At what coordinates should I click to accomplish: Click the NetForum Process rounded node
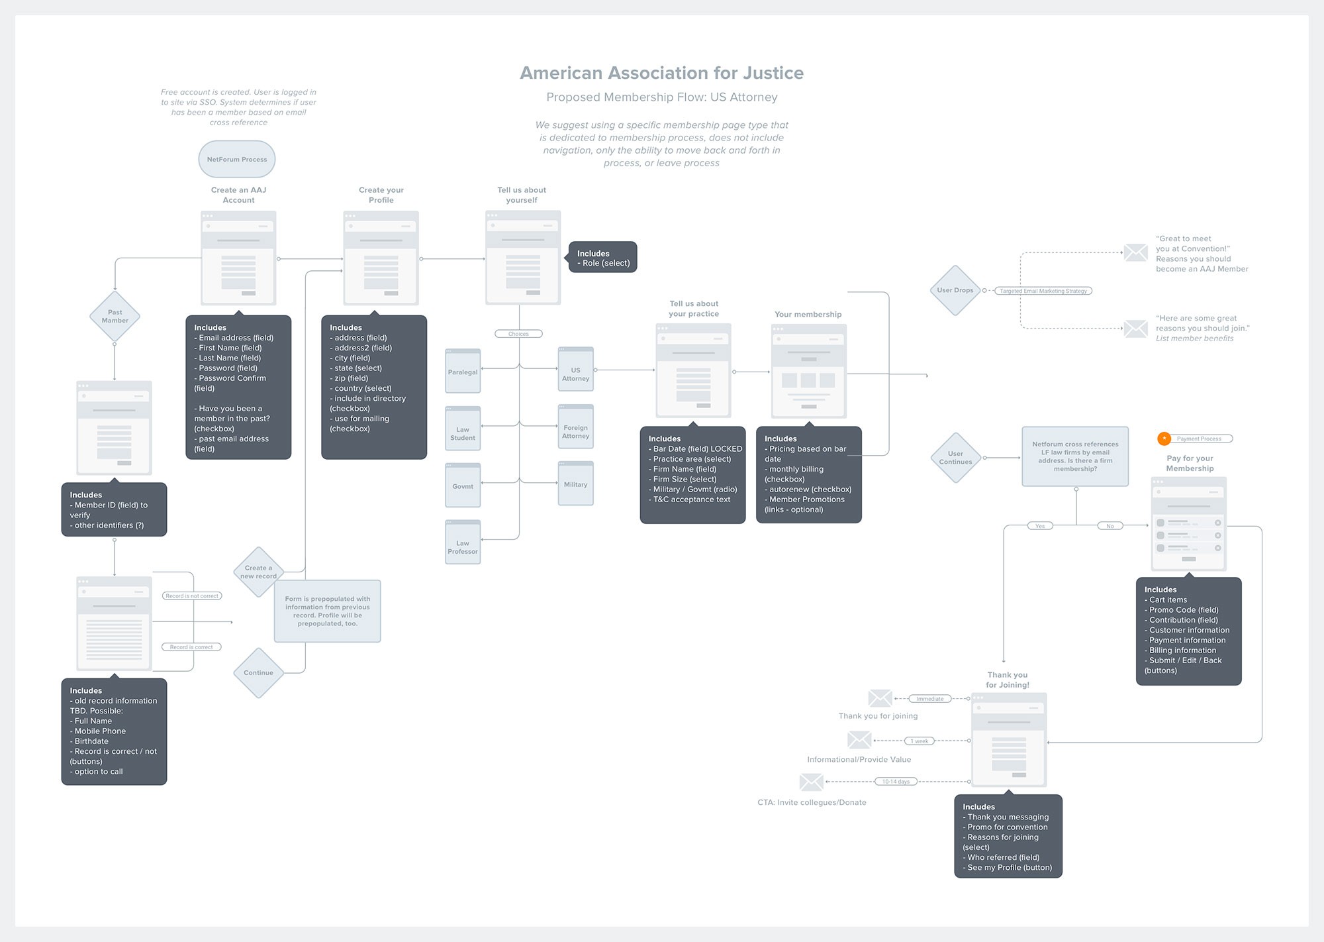pos(237,159)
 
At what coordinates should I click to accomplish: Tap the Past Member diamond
pos(115,317)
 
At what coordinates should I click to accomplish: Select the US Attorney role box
pos(575,370)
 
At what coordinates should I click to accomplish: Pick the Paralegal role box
pos(463,372)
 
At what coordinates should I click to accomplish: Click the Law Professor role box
pos(463,543)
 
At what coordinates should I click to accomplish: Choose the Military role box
pos(575,484)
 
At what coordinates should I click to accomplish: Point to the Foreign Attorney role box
pos(575,427)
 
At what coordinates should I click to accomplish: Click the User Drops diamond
pos(955,290)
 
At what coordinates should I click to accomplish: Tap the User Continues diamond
pos(955,458)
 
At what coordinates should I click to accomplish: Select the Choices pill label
pos(518,334)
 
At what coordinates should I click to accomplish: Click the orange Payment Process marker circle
pos(1164,439)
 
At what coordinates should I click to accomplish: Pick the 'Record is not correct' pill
pos(192,596)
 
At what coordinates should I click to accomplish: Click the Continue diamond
pos(258,672)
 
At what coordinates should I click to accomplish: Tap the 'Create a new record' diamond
pos(258,572)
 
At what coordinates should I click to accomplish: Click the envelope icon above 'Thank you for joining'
pos(880,698)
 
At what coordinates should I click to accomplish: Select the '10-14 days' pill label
pos(895,782)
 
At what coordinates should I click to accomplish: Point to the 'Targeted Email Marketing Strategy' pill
pos(1043,291)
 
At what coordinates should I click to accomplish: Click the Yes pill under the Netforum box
pos(1040,526)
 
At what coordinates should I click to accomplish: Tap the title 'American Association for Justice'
pos(661,73)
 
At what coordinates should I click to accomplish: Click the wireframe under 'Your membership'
pos(808,371)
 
